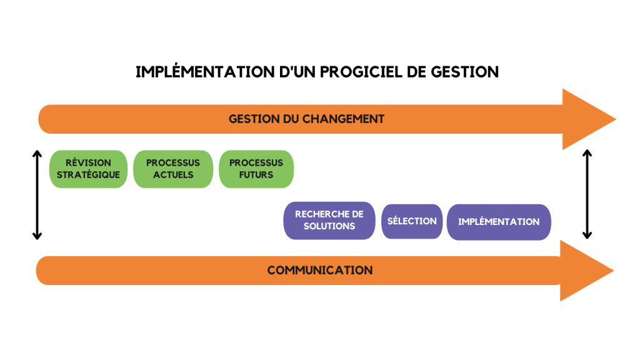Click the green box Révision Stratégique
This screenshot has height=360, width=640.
click(88, 169)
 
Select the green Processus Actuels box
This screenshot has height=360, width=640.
click(173, 169)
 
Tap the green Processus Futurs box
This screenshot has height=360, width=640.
click(256, 169)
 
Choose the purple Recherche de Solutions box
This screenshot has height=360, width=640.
click(329, 221)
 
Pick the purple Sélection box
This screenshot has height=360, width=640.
click(412, 221)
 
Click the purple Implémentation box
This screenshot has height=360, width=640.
click(499, 222)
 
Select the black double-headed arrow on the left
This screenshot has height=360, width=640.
click(37, 195)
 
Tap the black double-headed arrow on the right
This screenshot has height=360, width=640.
click(587, 194)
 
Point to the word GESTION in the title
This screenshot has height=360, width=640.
click(465, 72)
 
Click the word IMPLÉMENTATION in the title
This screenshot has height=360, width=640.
click(205, 71)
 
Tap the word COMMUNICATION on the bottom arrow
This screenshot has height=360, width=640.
click(320, 270)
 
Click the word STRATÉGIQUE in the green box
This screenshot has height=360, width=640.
click(88, 174)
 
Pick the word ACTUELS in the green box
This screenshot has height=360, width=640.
click(173, 175)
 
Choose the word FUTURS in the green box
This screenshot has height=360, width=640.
click(256, 175)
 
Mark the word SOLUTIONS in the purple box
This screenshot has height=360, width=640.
click(329, 226)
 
